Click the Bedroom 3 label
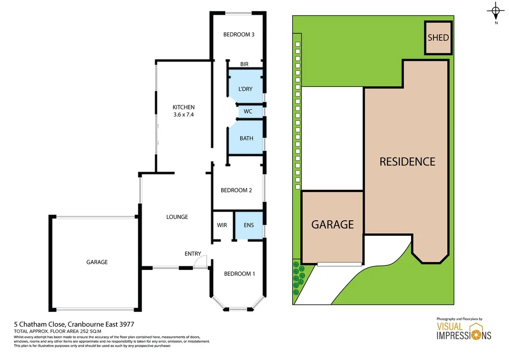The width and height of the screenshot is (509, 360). (239, 35)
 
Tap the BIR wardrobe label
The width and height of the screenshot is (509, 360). (244, 64)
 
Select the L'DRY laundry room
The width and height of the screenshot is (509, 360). (245, 89)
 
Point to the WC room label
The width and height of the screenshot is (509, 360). (248, 111)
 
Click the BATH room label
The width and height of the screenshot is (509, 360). (246, 138)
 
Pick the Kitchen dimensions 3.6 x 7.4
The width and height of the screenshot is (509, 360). (183, 114)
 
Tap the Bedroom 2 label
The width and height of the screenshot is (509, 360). (236, 190)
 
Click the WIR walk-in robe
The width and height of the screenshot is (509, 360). (222, 225)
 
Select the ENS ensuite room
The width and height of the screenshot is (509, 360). (249, 225)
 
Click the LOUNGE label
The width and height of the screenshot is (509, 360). (177, 217)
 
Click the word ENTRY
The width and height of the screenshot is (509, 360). (193, 254)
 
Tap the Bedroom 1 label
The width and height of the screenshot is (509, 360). (239, 274)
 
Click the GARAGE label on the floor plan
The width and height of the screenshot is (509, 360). (96, 262)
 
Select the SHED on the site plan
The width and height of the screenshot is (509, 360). (438, 38)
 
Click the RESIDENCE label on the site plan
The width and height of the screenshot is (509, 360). (407, 162)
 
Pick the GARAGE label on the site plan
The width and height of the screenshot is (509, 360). (332, 225)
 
